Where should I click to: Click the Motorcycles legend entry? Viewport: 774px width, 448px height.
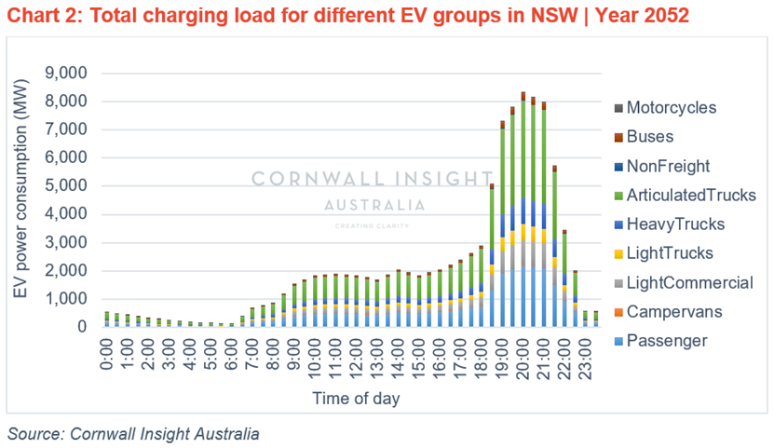tap(671, 108)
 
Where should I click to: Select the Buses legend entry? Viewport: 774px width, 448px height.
tap(651, 137)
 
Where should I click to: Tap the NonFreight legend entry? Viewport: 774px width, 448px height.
tap(668, 167)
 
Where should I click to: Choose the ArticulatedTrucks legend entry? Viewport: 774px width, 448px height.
tap(689, 196)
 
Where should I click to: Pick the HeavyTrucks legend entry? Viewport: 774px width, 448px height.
tap(674, 224)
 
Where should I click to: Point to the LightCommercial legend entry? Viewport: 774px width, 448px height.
tap(689, 283)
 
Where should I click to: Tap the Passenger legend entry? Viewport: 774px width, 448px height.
tap(667, 341)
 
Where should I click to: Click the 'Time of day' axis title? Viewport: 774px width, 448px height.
tap(355, 398)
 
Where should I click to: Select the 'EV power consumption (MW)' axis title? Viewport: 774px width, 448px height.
tap(20, 199)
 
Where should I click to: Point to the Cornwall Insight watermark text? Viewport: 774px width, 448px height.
tap(373, 179)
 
